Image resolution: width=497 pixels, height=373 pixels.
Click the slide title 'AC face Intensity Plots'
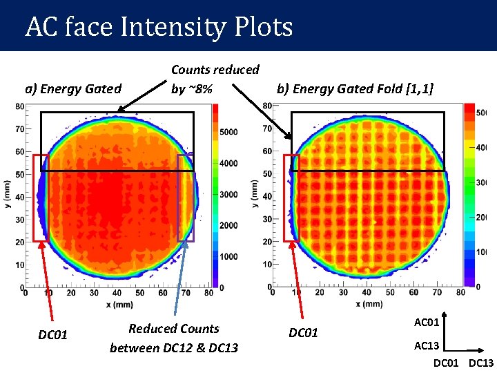point(159,28)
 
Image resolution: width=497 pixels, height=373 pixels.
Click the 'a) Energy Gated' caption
point(73,88)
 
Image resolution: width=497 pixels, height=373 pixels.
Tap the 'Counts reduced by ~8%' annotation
point(215,79)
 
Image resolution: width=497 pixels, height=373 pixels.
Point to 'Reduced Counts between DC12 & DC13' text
point(174,338)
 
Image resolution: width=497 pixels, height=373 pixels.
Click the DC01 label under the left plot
point(52,335)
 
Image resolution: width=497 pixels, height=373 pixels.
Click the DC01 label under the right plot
point(303,333)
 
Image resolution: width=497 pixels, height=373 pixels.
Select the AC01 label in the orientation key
point(426,323)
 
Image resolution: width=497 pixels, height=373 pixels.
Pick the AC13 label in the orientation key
point(426,345)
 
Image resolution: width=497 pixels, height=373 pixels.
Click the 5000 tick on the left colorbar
point(229,132)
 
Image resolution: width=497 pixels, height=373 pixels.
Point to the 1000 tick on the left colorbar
point(229,256)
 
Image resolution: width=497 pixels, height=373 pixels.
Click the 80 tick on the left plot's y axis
point(20,106)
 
